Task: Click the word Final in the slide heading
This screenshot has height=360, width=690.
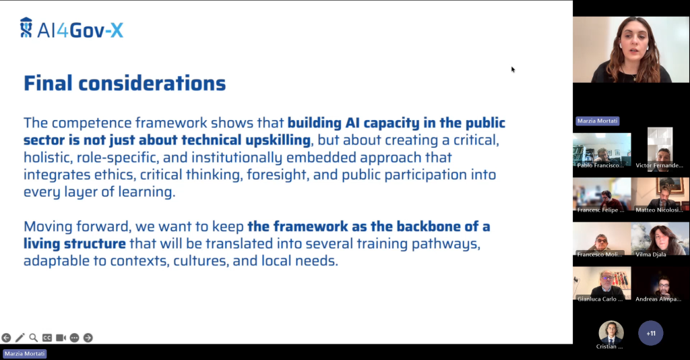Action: coord(48,83)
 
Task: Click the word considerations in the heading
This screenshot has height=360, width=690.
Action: coord(152,83)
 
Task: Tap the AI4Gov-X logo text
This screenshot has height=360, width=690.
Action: coord(80,30)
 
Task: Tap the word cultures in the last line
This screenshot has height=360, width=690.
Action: coord(201,261)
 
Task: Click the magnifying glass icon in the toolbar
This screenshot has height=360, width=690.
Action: coord(34,338)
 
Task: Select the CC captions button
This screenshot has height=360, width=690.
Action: coord(47,338)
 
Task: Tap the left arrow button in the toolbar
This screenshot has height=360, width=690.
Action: coord(6,338)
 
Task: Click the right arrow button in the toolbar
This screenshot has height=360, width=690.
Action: coord(88,338)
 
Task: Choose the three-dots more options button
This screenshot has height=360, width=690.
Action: coord(74,338)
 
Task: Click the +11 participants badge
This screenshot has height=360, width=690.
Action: coord(651,333)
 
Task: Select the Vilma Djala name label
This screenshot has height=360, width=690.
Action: coord(650,254)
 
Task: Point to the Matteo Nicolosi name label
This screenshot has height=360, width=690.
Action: coord(659,210)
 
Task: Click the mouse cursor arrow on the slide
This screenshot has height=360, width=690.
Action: coord(513,69)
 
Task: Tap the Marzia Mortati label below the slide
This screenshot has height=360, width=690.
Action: coord(25,353)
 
